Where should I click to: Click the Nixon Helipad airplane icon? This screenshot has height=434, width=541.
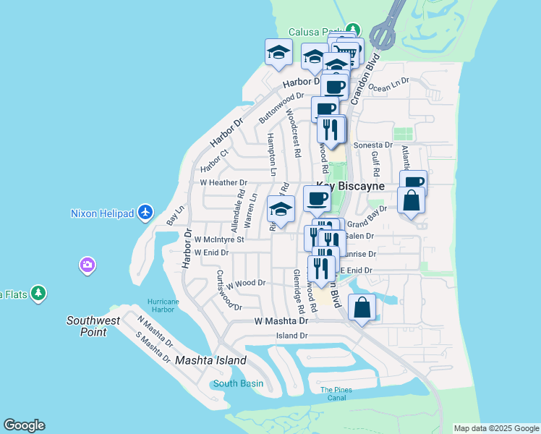145,212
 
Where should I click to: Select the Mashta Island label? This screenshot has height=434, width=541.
210,360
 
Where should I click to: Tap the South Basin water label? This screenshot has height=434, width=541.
238,383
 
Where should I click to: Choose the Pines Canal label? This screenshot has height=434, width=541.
337,393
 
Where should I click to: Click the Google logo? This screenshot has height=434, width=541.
24,425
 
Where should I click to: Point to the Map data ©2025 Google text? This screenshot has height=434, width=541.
495,428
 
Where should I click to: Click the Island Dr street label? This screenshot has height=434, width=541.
292,336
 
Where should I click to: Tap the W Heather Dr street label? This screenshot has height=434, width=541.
223,183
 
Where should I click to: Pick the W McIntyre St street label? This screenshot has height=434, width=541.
220,239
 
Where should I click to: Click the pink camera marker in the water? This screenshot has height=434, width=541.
88,265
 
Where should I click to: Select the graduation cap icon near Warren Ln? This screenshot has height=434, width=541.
281,210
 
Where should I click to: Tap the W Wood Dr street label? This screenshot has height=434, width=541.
246,284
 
